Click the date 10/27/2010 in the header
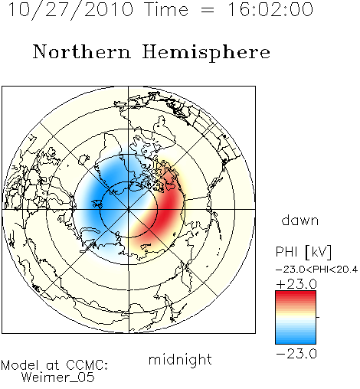(70, 10)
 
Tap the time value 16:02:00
(270, 9)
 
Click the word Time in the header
(166, 9)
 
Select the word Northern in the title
(81, 52)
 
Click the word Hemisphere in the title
(206, 53)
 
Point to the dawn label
(300, 221)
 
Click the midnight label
(180, 359)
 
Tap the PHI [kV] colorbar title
(303, 252)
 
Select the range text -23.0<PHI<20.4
(316, 270)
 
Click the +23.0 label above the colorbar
(296, 284)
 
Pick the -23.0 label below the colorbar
(296, 354)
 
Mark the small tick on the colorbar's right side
(318, 317)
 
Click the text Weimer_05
(58, 378)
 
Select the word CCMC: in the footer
(87, 365)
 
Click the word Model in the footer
(20, 365)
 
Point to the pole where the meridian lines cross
(129, 210)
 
